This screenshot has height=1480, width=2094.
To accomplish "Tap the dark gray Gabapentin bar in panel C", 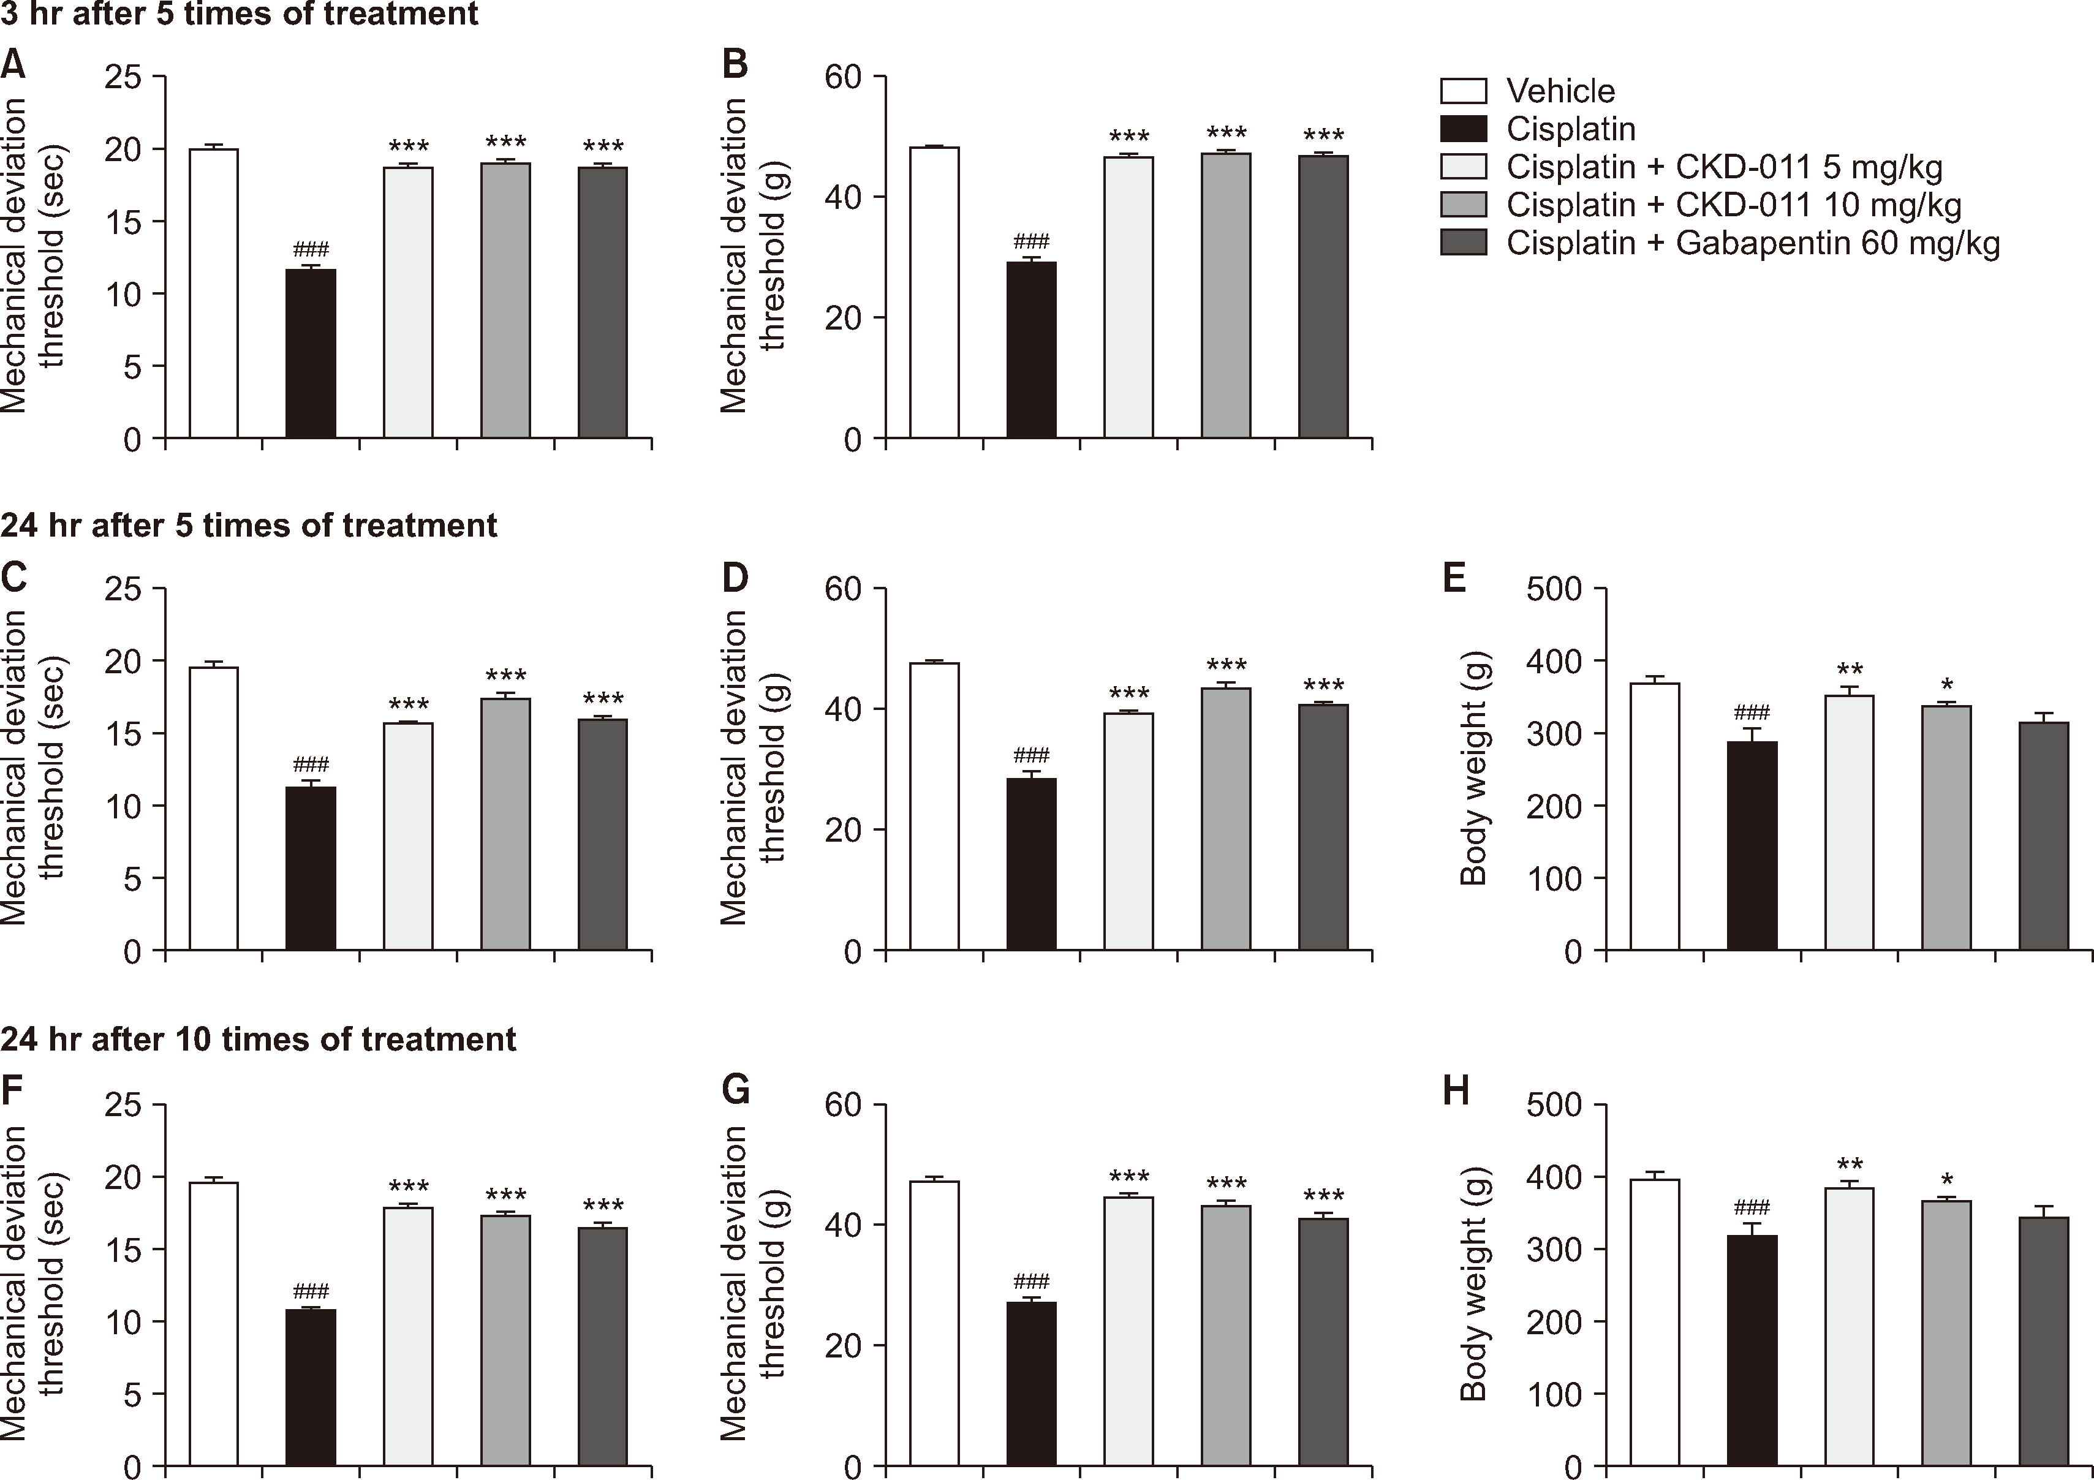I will click(x=603, y=834).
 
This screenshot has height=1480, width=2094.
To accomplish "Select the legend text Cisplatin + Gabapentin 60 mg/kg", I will click(x=1753, y=243).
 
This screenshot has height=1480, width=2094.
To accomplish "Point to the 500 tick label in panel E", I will click(x=1554, y=589).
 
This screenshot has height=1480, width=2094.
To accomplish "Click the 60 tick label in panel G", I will click(x=843, y=1105).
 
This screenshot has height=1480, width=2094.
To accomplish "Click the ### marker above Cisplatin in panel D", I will click(x=1032, y=755).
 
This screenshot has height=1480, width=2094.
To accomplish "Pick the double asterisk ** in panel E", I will click(x=1850, y=670).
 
